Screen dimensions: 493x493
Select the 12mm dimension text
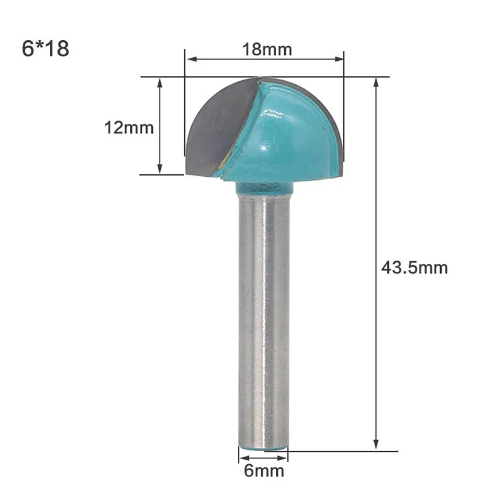point(128,128)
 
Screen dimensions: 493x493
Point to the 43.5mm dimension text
point(414,268)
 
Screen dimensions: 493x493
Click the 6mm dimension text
point(264,471)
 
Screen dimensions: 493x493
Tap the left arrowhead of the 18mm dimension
point(190,60)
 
